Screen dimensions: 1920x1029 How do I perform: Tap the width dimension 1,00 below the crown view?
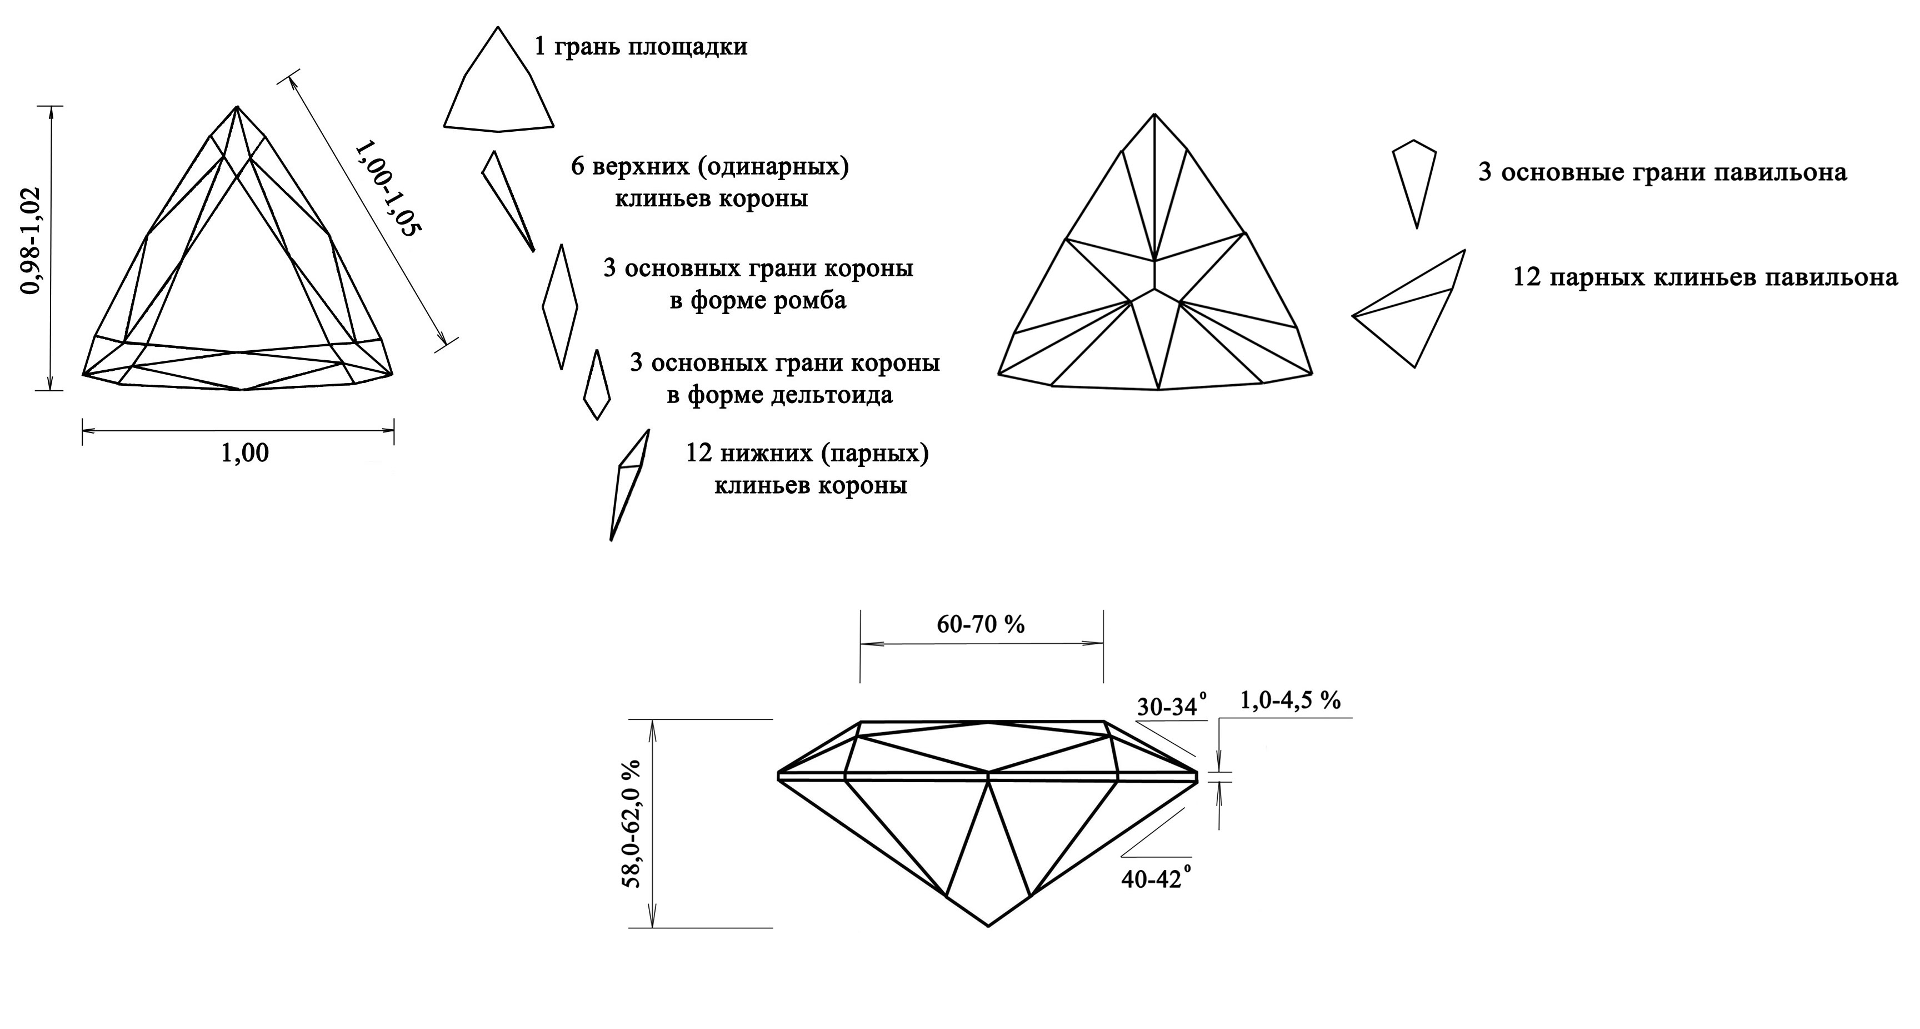(244, 453)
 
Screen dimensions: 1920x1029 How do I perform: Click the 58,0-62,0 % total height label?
(632, 823)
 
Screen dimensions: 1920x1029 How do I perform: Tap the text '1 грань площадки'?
(641, 47)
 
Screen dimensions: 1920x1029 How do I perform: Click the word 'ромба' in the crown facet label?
(809, 301)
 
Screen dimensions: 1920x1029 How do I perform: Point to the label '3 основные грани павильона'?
(1663, 173)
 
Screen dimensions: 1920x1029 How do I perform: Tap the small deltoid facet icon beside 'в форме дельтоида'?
(596, 385)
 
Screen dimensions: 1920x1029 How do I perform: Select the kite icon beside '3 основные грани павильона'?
(1414, 183)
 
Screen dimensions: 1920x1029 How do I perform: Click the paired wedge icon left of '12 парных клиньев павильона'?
(1409, 309)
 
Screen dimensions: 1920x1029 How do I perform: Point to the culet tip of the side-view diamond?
(988, 926)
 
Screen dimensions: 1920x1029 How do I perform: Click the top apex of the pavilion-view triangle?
(1154, 114)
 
